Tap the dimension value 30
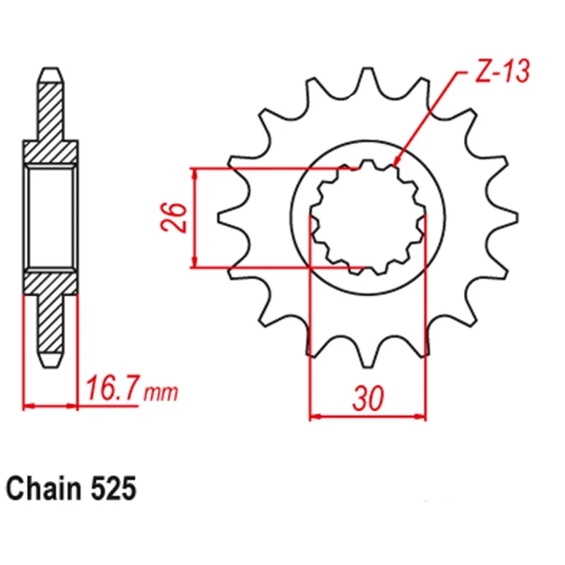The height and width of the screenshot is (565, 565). click(x=368, y=399)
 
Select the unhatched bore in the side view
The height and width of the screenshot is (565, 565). click(x=51, y=218)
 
